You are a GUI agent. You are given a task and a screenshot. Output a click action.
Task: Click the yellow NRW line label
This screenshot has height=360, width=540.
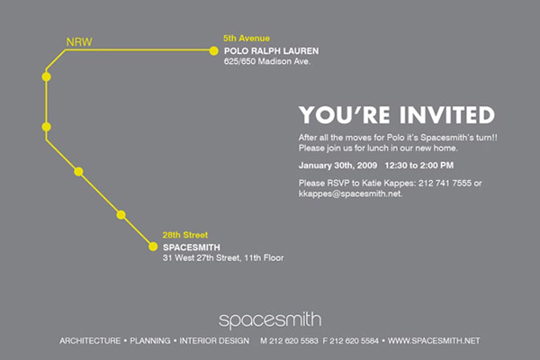pos(79,42)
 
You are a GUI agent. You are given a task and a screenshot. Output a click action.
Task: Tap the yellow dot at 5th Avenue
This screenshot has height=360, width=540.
pos(213,51)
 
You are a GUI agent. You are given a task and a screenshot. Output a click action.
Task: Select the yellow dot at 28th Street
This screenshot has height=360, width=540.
pos(153,247)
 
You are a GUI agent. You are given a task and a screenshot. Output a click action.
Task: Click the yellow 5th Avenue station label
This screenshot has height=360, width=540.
pos(247,38)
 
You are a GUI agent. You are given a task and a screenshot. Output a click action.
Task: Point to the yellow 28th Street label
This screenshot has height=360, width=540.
pos(185,235)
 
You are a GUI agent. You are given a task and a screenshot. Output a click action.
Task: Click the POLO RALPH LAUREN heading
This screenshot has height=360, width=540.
pos(272,51)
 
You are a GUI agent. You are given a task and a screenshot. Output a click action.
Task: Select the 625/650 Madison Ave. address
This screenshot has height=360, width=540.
pos(267,61)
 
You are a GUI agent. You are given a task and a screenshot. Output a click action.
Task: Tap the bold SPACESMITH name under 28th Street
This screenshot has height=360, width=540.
pos(192,247)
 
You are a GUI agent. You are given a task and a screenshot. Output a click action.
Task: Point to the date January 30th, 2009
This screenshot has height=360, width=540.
pos(337,166)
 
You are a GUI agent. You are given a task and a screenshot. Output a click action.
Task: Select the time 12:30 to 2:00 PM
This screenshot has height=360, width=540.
pos(419,166)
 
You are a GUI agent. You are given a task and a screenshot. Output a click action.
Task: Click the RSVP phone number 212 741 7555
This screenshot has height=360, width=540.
pos(445,183)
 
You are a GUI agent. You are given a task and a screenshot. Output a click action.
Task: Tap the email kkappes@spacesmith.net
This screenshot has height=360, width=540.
pos(350,193)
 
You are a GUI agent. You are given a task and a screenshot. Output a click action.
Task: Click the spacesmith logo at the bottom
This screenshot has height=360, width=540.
pos(270,320)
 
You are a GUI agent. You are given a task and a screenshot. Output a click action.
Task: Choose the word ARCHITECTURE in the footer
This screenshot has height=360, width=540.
pos(90,341)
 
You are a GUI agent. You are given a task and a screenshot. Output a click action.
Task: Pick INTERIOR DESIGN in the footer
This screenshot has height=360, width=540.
pos(214,341)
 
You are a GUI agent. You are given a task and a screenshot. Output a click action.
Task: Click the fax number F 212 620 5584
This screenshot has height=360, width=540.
pos(351,341)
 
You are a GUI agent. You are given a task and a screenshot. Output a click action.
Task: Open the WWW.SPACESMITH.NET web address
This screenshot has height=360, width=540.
pos(434,341)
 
